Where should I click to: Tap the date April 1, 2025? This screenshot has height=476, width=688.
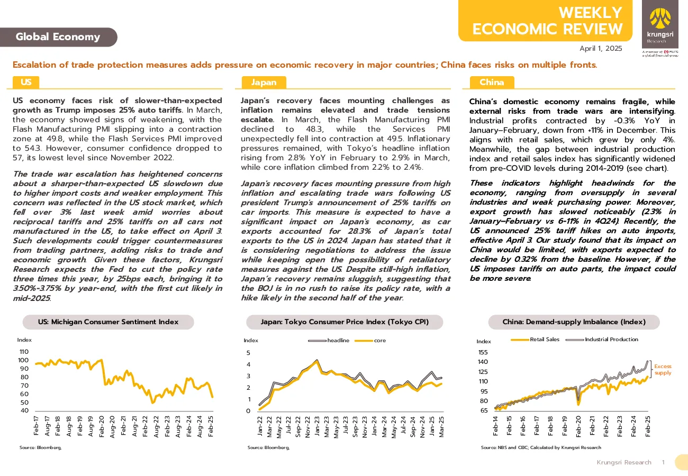coord(601,49)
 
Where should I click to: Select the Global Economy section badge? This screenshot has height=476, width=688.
coord(58,37)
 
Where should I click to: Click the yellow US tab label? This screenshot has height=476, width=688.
coord(26,82)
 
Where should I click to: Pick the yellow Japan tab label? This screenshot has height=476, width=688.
coord(264,83)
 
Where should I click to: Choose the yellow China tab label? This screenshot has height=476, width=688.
coord(492,83)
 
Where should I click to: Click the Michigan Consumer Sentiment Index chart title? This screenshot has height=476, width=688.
coord(108,322)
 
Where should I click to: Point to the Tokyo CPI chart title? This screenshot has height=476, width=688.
coord(345,322)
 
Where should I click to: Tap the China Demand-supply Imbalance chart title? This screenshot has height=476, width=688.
coord(574,322)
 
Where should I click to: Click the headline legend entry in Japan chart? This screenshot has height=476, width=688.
coord(329,341)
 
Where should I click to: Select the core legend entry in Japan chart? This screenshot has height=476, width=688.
coord(370,341)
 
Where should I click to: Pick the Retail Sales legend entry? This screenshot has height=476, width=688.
coord(535,340)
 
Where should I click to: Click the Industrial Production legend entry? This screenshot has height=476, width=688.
coord(602,340)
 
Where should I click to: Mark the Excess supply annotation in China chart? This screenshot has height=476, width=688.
coord(663,370)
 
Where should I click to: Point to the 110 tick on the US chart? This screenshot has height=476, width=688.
coord(24,352)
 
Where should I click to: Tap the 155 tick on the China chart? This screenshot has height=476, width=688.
coord(483,352)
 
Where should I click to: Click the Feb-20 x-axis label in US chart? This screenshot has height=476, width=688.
coord(102,426)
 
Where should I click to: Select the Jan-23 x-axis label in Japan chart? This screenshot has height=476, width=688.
coord(316,427)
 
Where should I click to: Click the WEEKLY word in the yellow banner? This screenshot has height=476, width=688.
coord(590,13)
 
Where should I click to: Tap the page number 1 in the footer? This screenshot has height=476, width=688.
coord(664,462)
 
